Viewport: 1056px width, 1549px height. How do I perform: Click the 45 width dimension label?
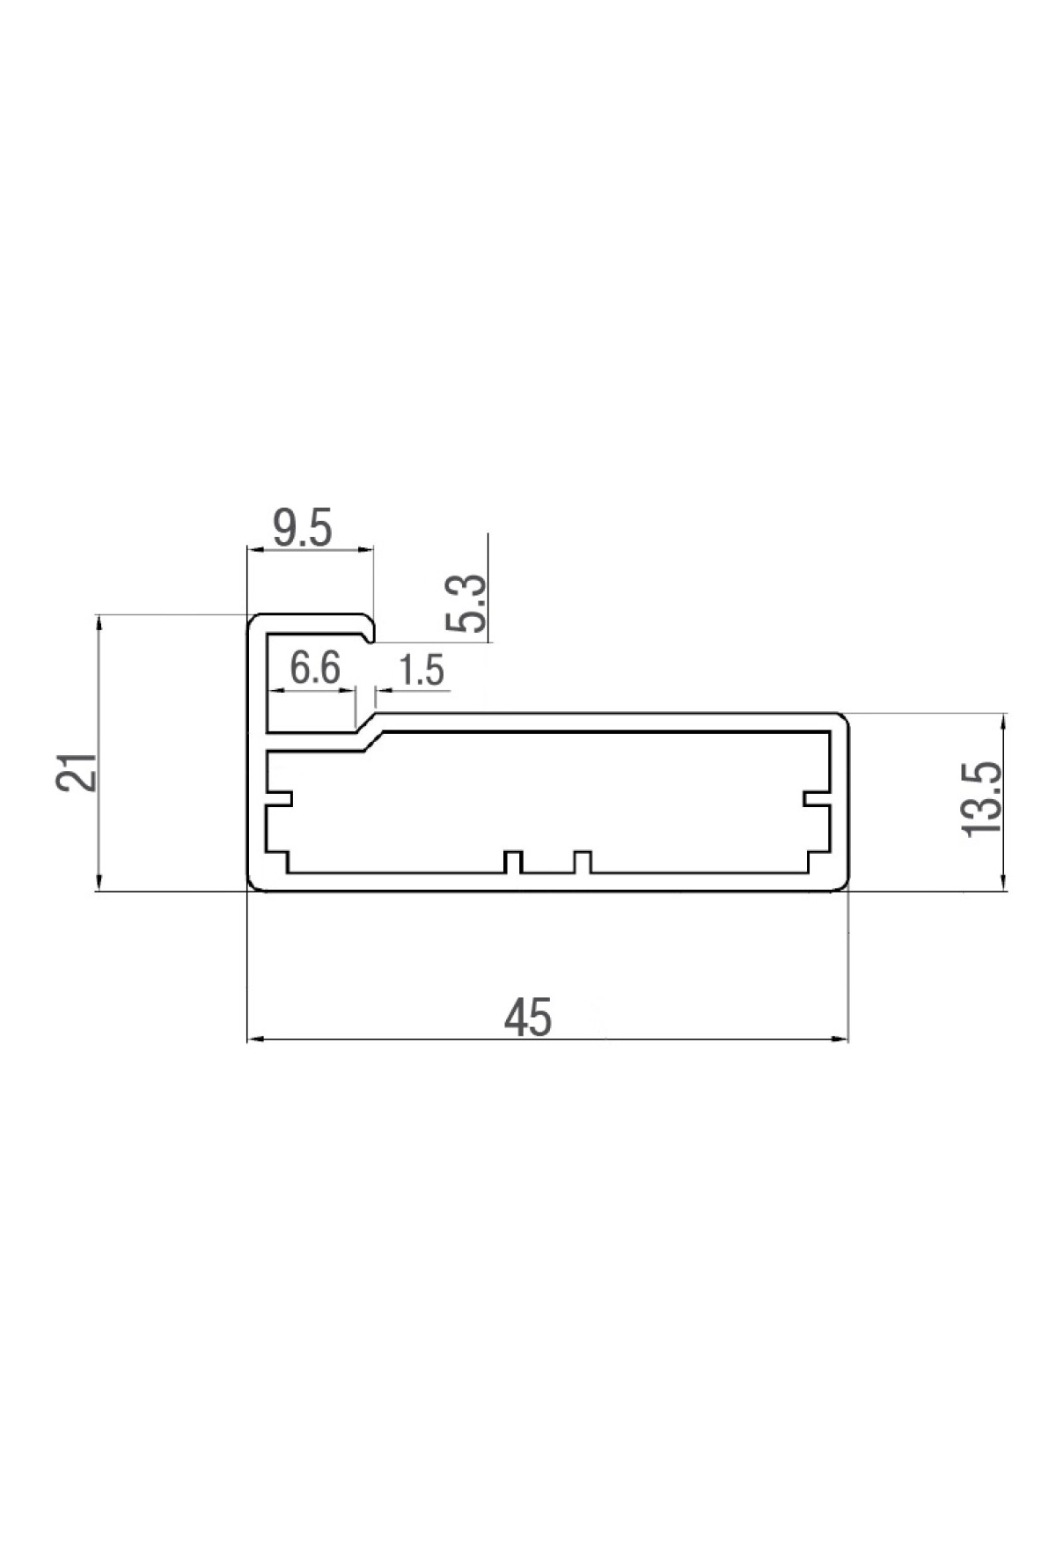tap(528, 1018)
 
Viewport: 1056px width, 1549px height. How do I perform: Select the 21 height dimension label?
tap(77, 772)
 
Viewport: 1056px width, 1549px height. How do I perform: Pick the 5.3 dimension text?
tap(466, 604)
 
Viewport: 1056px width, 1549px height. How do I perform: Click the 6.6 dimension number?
tap(315, 670)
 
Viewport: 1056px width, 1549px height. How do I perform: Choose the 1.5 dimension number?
tap(422, 672)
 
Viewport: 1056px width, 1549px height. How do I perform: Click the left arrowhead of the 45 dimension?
tap(255, 1040)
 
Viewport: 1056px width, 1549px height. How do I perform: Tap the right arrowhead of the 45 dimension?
tap(840, 1040)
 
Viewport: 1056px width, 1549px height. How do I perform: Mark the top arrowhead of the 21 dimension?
tap(99, 622)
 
